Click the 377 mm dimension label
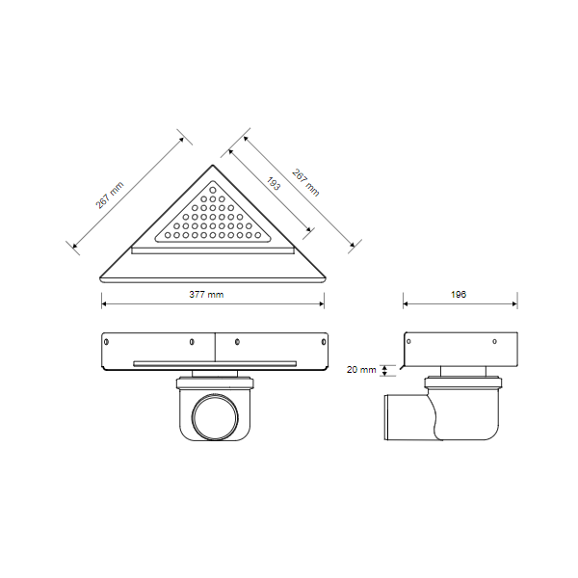coord(206,294)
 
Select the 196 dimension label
coord(459,294)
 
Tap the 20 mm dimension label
coord(361,369)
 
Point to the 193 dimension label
coord(274,184)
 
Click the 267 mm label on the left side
coord(110,195)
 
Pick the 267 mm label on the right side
coord(305,182)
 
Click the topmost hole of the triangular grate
coord(213,190)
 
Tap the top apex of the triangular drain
coord(213,165)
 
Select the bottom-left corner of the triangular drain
coord(100,278)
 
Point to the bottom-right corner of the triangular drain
coord(326,278)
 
